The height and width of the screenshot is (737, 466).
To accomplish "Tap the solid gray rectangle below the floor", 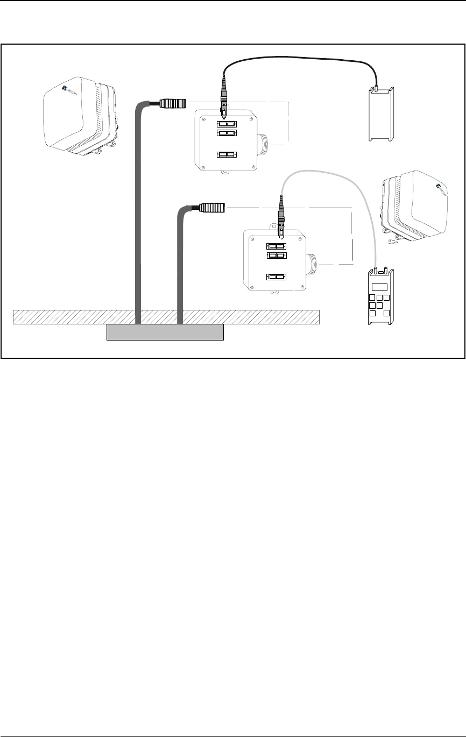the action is [165, 332].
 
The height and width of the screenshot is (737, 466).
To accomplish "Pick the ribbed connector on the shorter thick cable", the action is [213, 207].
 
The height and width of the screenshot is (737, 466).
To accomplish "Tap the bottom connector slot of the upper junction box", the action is [226, 155].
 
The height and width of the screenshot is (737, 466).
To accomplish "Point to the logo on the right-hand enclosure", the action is [441, 188].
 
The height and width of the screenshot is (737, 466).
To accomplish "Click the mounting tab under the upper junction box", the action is [223, 173].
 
